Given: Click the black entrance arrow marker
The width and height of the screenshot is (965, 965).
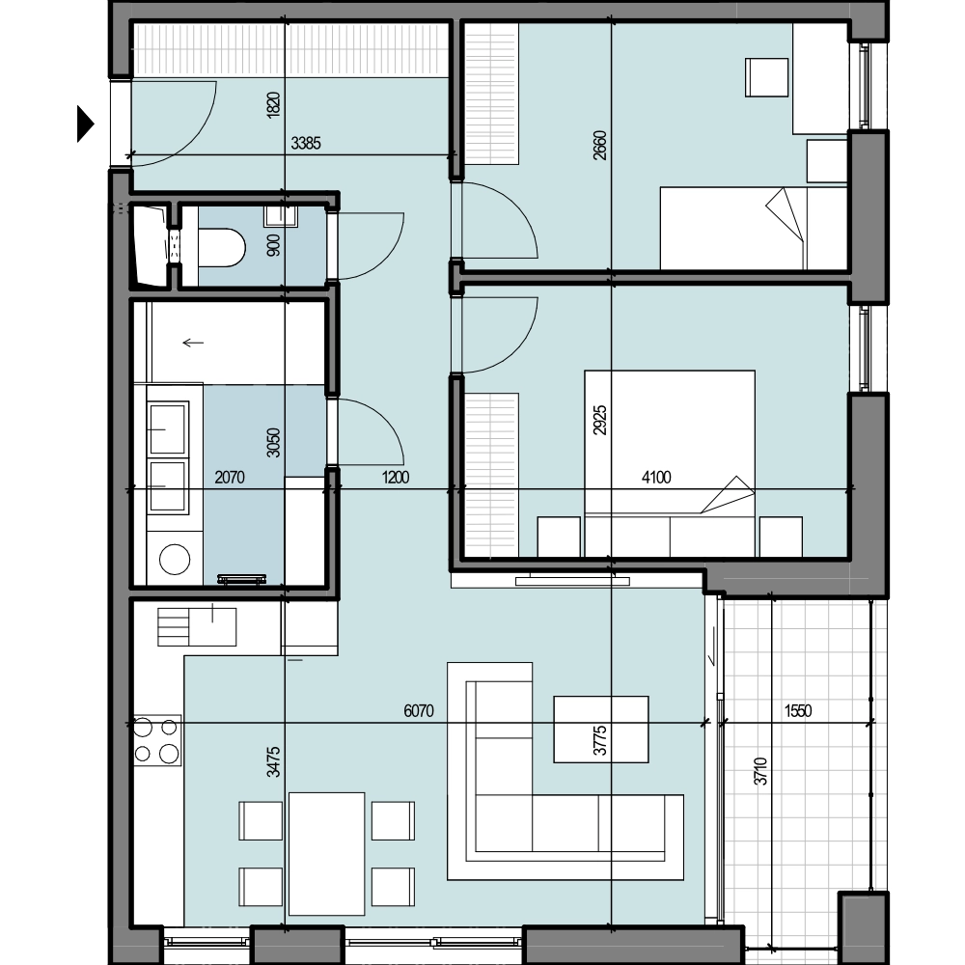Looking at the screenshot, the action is (x=85, y=124).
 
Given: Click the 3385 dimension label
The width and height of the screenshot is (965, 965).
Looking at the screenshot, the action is (x=306, y=144).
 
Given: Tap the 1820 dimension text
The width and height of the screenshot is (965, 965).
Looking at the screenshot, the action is (x=274, y=104).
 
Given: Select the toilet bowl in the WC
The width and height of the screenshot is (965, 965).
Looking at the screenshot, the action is (x=221, y=248).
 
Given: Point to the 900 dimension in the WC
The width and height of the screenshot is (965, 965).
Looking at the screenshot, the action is (x=274, y=245).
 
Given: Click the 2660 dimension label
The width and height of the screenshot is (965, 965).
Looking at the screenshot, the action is (x=600, y=146).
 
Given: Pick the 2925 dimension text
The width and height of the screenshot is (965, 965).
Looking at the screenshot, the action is (x=600, y=420).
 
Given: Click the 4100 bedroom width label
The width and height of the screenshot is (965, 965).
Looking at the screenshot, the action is (x=656, y=477).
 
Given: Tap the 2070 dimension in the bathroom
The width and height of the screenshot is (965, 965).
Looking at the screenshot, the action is (x=230, y=477).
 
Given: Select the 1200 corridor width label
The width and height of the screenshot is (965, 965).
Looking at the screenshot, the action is (x=395, y=477).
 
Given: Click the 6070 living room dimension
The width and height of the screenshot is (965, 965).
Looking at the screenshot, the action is (x=419, y=711).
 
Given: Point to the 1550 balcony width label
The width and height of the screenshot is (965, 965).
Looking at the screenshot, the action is (x=798, y=711).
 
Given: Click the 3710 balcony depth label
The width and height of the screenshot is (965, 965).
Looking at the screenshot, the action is (x=761, y=771).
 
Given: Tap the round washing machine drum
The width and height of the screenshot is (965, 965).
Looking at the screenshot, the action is (x=175, y=560).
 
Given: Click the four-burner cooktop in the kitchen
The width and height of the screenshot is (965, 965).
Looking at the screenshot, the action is (x=157, y=740).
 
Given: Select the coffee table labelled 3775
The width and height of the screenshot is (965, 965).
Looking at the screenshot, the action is (x=600, y=730).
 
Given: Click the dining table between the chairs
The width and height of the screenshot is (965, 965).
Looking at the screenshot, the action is (x=326, y=854).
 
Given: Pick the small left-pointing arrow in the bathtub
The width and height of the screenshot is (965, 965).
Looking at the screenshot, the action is (x=193, y=343).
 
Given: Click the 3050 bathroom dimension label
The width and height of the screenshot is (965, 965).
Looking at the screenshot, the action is (x=274, y=443).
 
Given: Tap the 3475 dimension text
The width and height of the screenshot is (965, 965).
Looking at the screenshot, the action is (x=274, y=761).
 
